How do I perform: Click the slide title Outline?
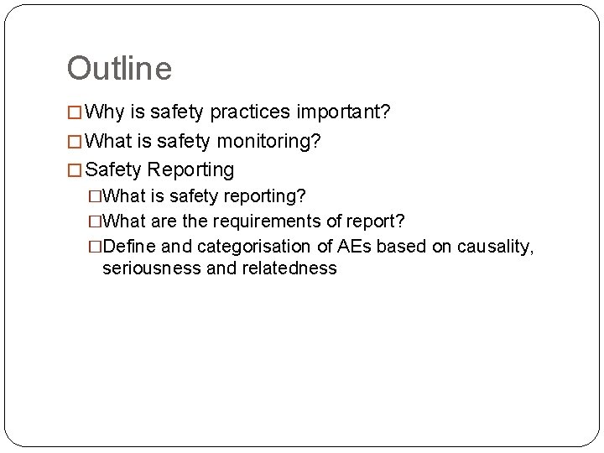click(x=119, y=69)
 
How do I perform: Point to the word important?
click(x=344, y=112)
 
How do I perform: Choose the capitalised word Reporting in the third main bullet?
click(x=190, y=169)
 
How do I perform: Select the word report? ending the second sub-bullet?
click(x=378, y=221)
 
